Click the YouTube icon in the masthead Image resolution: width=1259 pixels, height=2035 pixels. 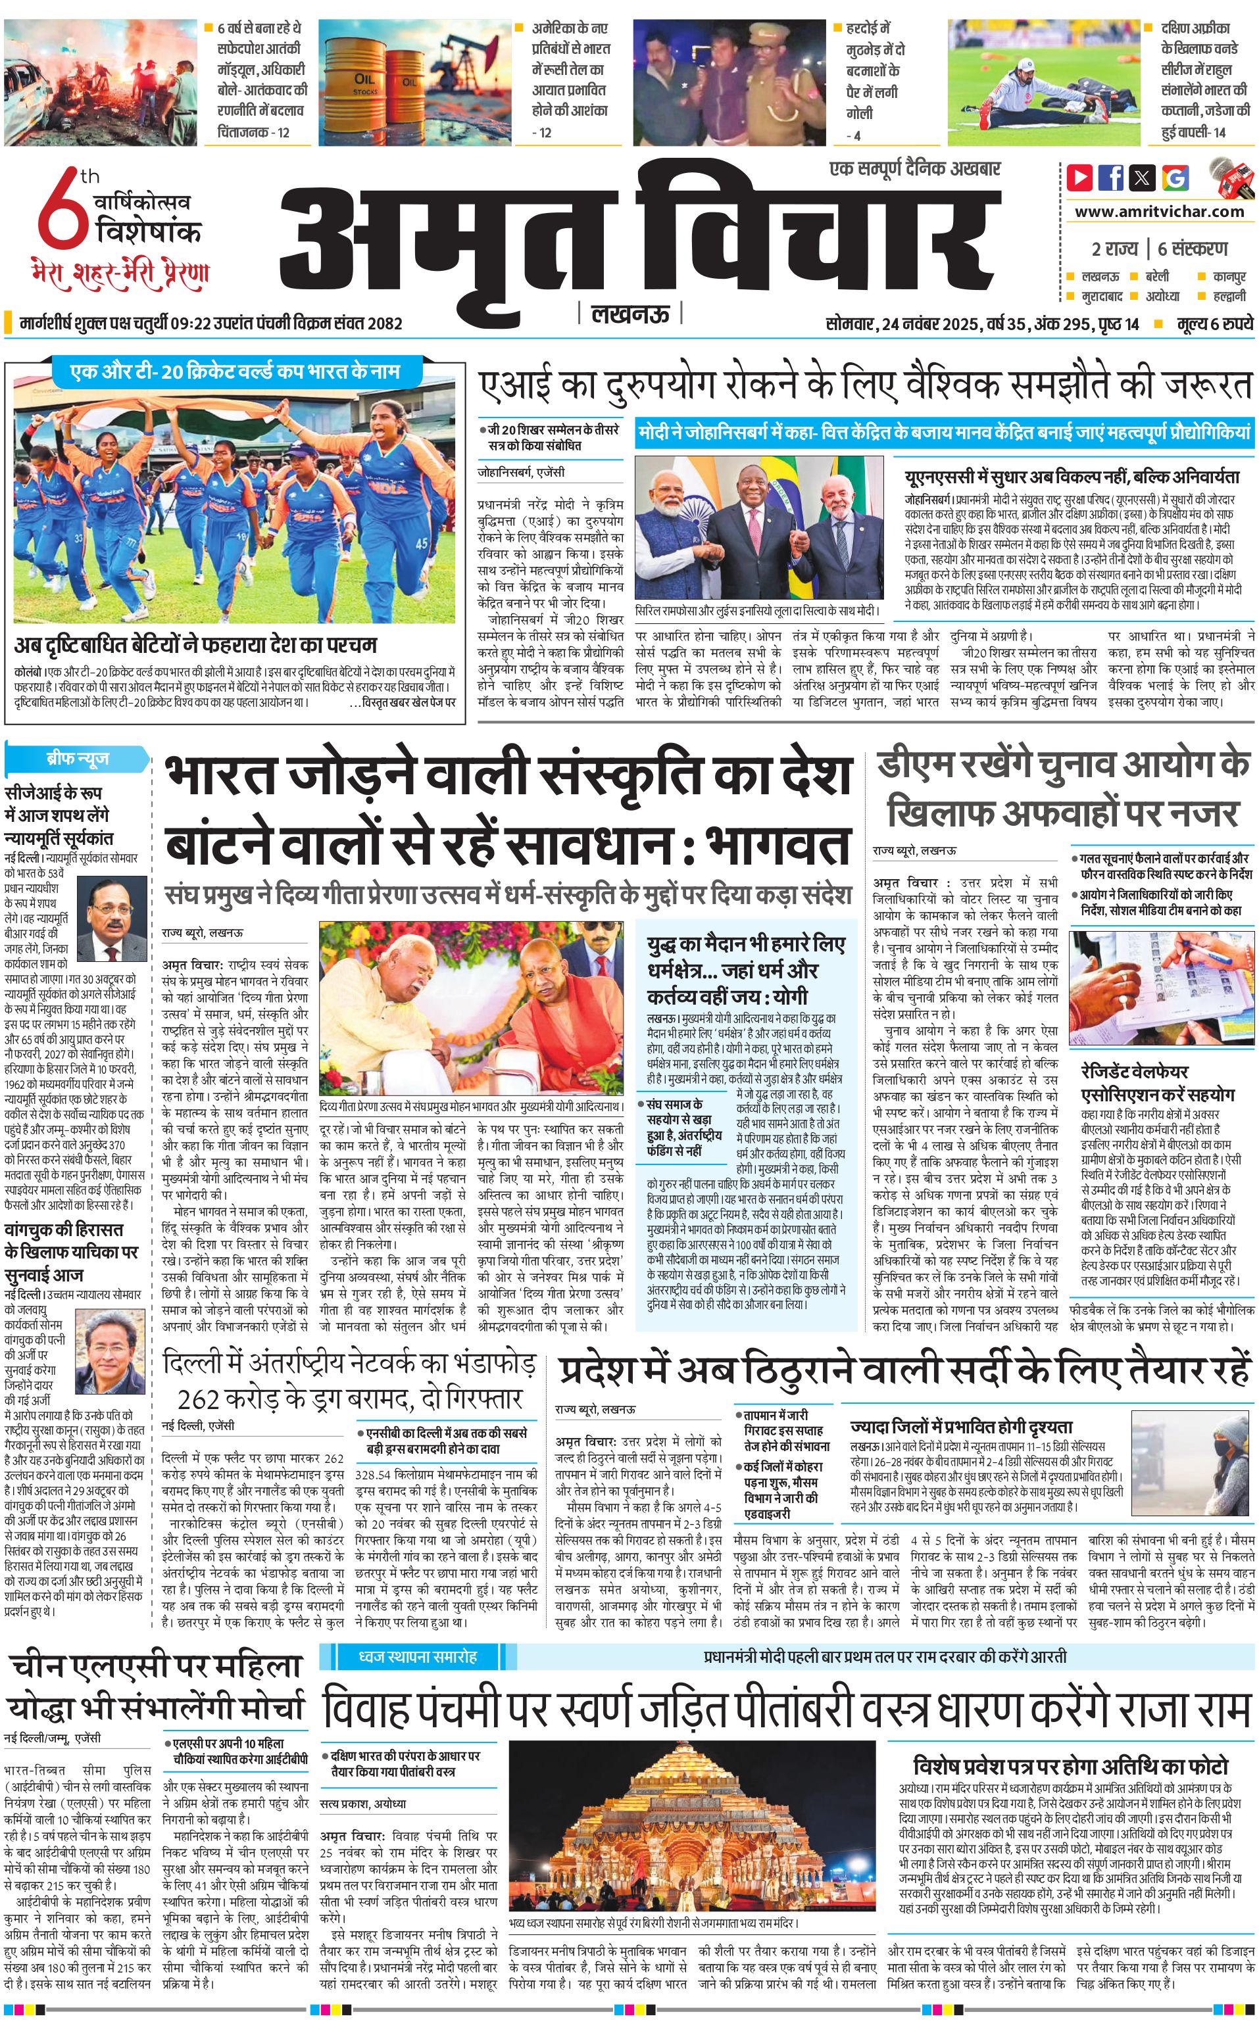[x=1080, y=178]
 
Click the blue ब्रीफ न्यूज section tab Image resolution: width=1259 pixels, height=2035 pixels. [x=78, y=759]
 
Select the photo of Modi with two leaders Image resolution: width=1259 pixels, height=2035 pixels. [x=758, y=528]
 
